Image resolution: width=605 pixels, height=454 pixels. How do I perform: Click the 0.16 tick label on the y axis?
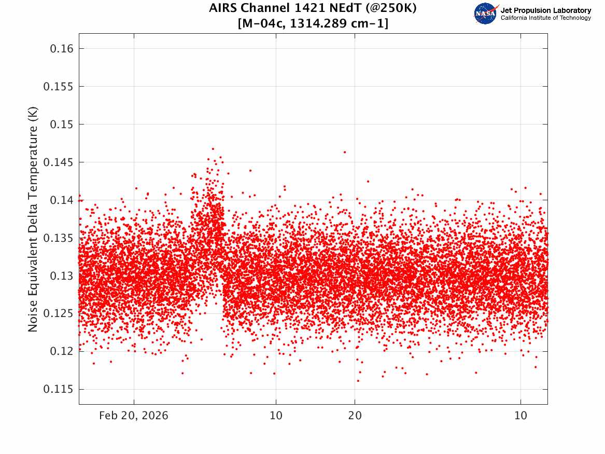pyautogui.click(x=61, y=49)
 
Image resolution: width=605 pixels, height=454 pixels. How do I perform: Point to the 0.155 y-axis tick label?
pyautogui.click(x=58, y=87)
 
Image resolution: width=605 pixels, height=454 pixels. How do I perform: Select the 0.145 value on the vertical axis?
pyautogui.click(x=58, y=162)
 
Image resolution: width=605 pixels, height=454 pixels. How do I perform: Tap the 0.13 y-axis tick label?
pyautogui.click(x=61, y=276)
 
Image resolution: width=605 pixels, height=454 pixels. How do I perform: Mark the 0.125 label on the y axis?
pyautogui.click(x=58, y=313)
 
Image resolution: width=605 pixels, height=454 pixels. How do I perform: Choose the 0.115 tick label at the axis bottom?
pyautogui.click(x=58, y=389)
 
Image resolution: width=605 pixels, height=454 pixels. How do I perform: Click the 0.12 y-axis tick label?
pyautogui.click(x=61, y=351)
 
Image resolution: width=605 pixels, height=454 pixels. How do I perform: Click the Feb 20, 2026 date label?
pyautogui.click(x=134, y=416)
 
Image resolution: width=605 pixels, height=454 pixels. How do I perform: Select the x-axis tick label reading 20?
pyautogui.click(x=355, y=416)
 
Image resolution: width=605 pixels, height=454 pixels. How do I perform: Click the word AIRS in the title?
pyautogui.click(x=223, y=8)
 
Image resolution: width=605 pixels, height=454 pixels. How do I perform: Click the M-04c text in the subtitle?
pyautogui.click(x=262, y=24)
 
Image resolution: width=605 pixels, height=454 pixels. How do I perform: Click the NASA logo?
pyautogui.click(x=486, y=14)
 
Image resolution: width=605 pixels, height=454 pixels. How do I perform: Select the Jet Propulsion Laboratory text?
pyautogui.click(x=545, y=10)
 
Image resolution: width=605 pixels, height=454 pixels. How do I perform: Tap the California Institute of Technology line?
pyautogui.click(x=545, y=18)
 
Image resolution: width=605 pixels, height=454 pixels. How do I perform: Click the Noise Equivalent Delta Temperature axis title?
pyautogui.click(x=33, y=219)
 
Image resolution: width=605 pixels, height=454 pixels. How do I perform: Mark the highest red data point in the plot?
pyautogui.click(x=213, y=148)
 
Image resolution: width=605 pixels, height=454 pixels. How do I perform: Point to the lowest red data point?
pyautogui.click(x=358, y=381)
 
